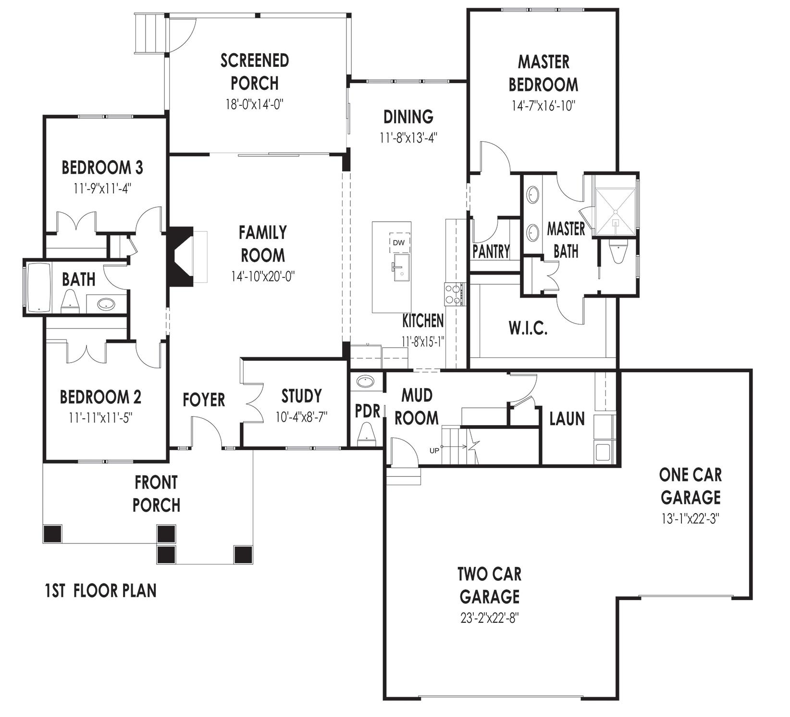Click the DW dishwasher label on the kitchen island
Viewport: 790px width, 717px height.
398,242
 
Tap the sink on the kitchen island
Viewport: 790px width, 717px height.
400,268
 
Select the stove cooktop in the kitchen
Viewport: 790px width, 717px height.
454,293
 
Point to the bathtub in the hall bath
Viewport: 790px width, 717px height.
39,287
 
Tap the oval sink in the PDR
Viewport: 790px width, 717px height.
366,382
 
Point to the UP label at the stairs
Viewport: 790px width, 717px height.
434,451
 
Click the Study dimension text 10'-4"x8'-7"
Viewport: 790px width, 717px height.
301,417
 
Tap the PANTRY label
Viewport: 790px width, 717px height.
491,251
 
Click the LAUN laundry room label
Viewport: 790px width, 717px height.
567,419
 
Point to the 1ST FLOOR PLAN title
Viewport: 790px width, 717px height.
100,591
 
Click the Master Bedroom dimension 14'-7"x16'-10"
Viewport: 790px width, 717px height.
543,106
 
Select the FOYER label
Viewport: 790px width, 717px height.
204,400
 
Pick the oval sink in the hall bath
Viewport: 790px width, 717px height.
106,304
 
